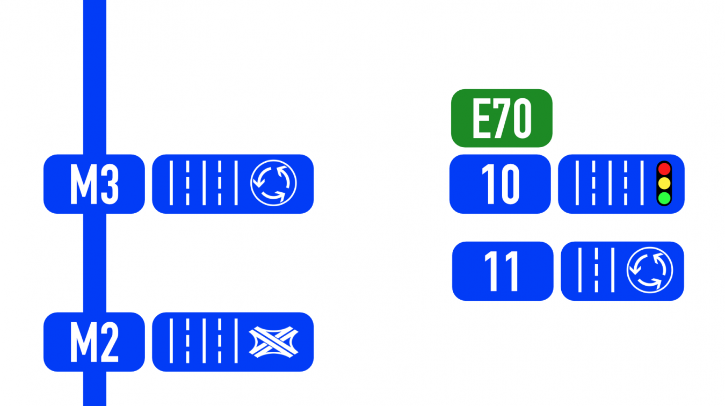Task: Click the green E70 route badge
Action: point(502,118)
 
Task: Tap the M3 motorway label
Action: point(94,184)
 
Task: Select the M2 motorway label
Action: point(94,342)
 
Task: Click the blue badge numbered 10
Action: point(500,184)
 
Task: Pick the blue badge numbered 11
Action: point(503,271)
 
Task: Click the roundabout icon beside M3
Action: point(273,184)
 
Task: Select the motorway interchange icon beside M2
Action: point(273,342)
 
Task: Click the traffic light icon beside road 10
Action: point(664,184)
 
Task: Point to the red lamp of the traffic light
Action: point(664,169)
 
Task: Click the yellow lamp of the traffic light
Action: point(664,184)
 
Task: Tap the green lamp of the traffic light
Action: point(664,199)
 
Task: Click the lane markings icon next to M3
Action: point(203,184)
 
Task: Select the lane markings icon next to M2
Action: point(203,342)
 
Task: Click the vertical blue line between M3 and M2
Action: point(95,263)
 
